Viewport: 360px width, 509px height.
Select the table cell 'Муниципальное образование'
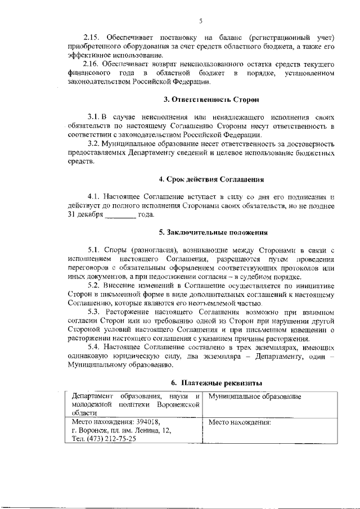(254, 397)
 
